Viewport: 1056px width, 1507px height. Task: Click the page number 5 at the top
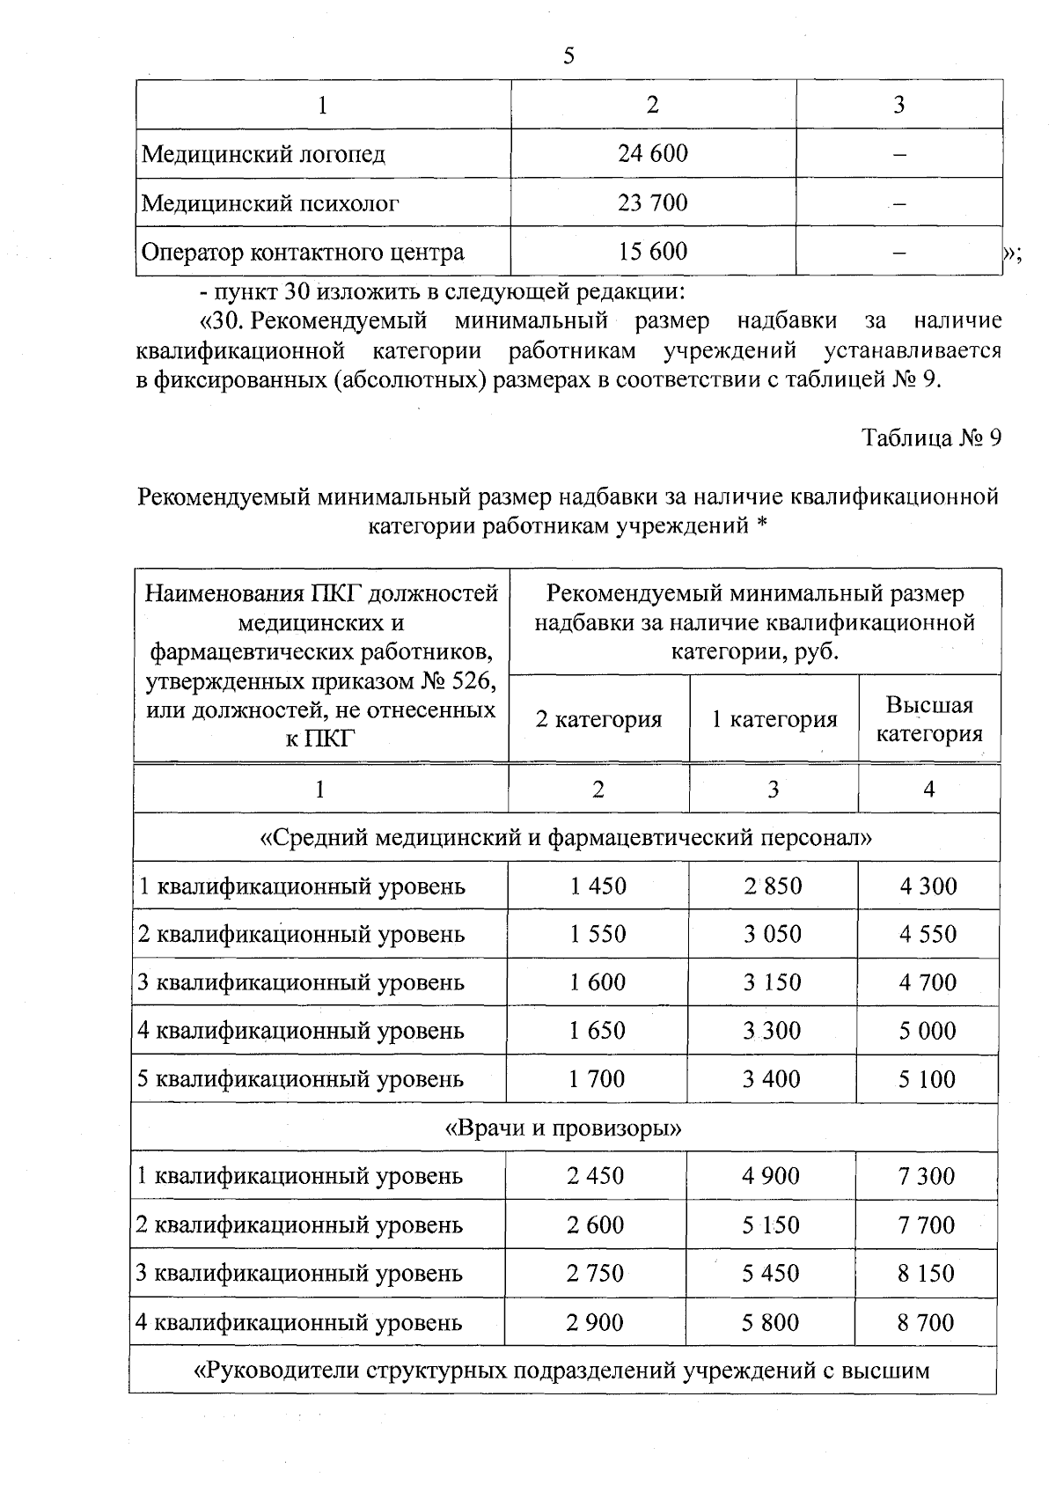(x=568, y=57)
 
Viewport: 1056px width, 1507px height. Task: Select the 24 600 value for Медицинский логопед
(x=652, y=154)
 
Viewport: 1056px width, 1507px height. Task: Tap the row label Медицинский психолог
(x=270, y=203)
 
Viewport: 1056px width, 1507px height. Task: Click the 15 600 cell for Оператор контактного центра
(x=652, y=252)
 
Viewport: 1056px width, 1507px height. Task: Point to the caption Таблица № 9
(x=931, y=438)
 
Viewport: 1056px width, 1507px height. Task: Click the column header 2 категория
(x=598, y=719)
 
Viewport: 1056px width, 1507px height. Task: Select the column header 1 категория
(x=774, y=719)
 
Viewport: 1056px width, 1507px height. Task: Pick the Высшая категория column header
(x=928, y=719)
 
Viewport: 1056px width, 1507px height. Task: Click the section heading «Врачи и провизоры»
(x=564, y=1128)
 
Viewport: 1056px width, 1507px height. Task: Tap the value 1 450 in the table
(x=598, y=886)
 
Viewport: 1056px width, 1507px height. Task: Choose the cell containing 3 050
(x=772, y=934)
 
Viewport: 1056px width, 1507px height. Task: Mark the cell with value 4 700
(x=928, y=982)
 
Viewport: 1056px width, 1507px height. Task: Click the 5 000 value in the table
(x=927, y=1031)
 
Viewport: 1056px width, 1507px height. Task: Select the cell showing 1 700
(x=597, y=1079)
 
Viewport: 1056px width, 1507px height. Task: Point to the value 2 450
(x=596, y=1176)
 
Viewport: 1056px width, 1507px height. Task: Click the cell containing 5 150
(x=771, y=1224)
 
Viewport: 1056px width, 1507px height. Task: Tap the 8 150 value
(x=926, y=1273)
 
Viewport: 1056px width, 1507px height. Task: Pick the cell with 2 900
(x=595, y=1322)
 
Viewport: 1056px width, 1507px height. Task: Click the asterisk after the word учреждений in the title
(x=762, y=526)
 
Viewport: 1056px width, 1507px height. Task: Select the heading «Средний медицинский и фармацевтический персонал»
(x=566, y=837)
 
